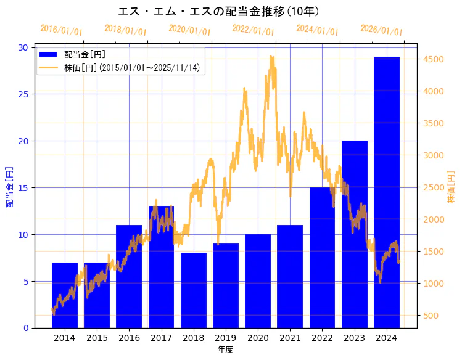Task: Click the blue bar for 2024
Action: pos(386,192)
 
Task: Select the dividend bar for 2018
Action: pos(194,290)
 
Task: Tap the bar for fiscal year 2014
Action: pos(65,295)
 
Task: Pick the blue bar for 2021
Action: pos(290,276)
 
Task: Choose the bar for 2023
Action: pos(354,234)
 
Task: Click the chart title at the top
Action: pos(218,11)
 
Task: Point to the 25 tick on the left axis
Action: pos(23,94)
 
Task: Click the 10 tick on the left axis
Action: pos(23,234)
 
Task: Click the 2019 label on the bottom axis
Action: pos(226,338)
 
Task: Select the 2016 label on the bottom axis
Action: pos(129,338)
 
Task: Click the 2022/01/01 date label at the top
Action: pos(254,30)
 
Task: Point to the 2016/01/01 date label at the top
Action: pos(61,30)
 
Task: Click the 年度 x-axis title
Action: pos(226,350)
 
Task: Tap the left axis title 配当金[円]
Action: pos(9,186)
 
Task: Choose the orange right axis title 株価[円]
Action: pos(451,187)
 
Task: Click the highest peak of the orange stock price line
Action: pos(271,56)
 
